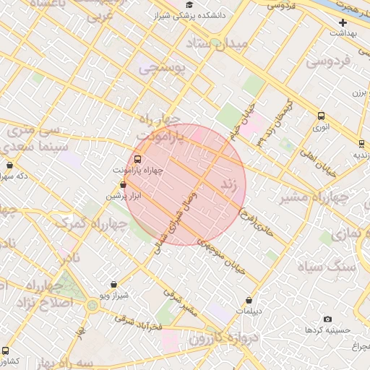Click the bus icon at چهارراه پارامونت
137,160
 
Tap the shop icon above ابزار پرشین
122,186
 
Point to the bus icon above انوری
321,116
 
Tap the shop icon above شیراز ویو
113,285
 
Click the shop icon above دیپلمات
249,301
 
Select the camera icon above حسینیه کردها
327,319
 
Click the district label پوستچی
162,69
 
